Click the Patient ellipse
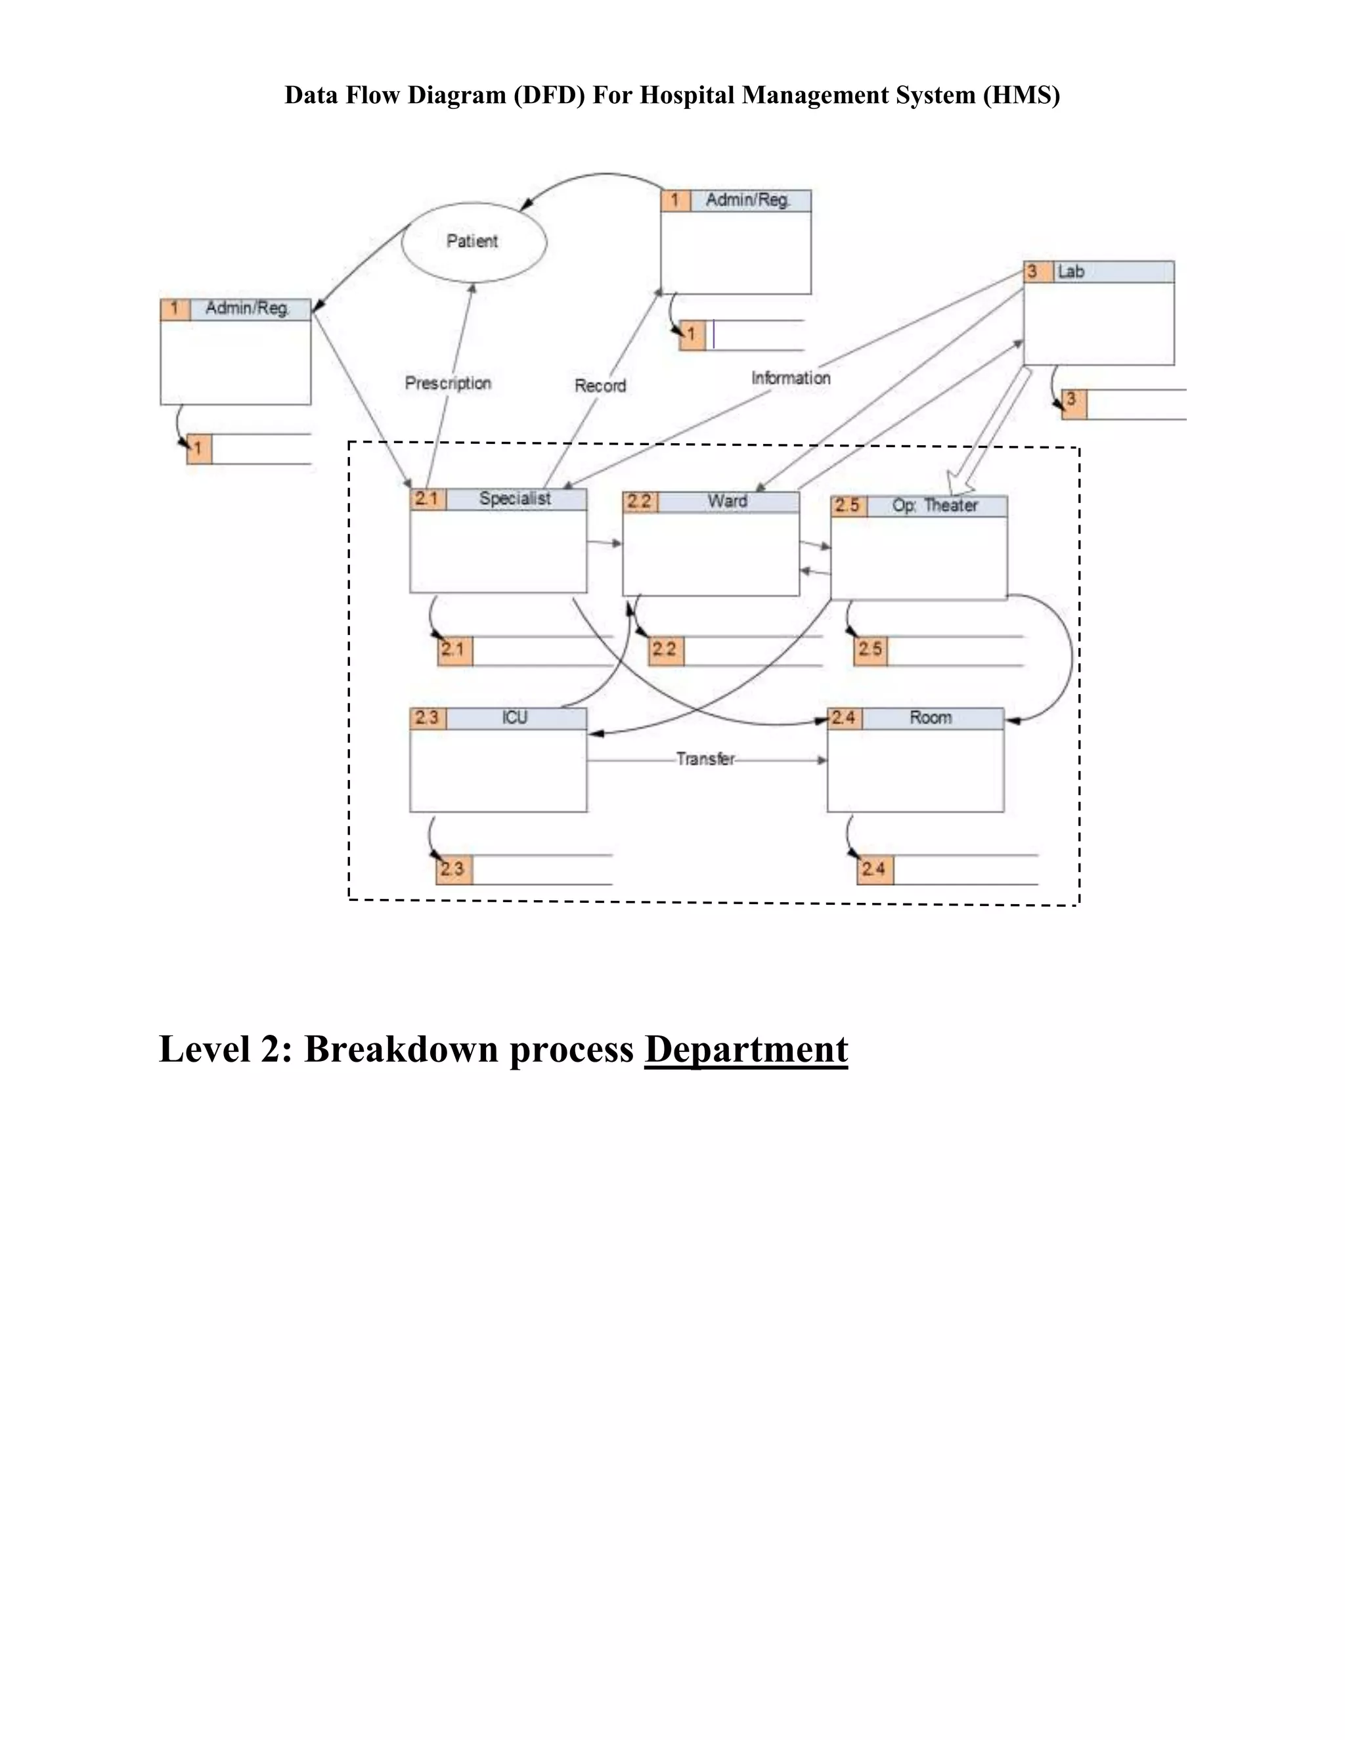474,242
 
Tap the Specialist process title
515,499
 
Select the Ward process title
727,501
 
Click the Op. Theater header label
935,506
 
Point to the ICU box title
515,718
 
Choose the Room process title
931,718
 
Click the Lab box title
1071,272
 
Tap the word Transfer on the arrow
705,759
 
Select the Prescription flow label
448,383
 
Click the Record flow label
600,385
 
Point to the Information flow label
791,378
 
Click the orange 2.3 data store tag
453,869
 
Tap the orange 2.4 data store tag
874,869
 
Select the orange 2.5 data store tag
870,649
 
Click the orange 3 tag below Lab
1072,401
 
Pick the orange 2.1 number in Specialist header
427,499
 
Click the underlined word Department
746,1049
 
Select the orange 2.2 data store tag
665,649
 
